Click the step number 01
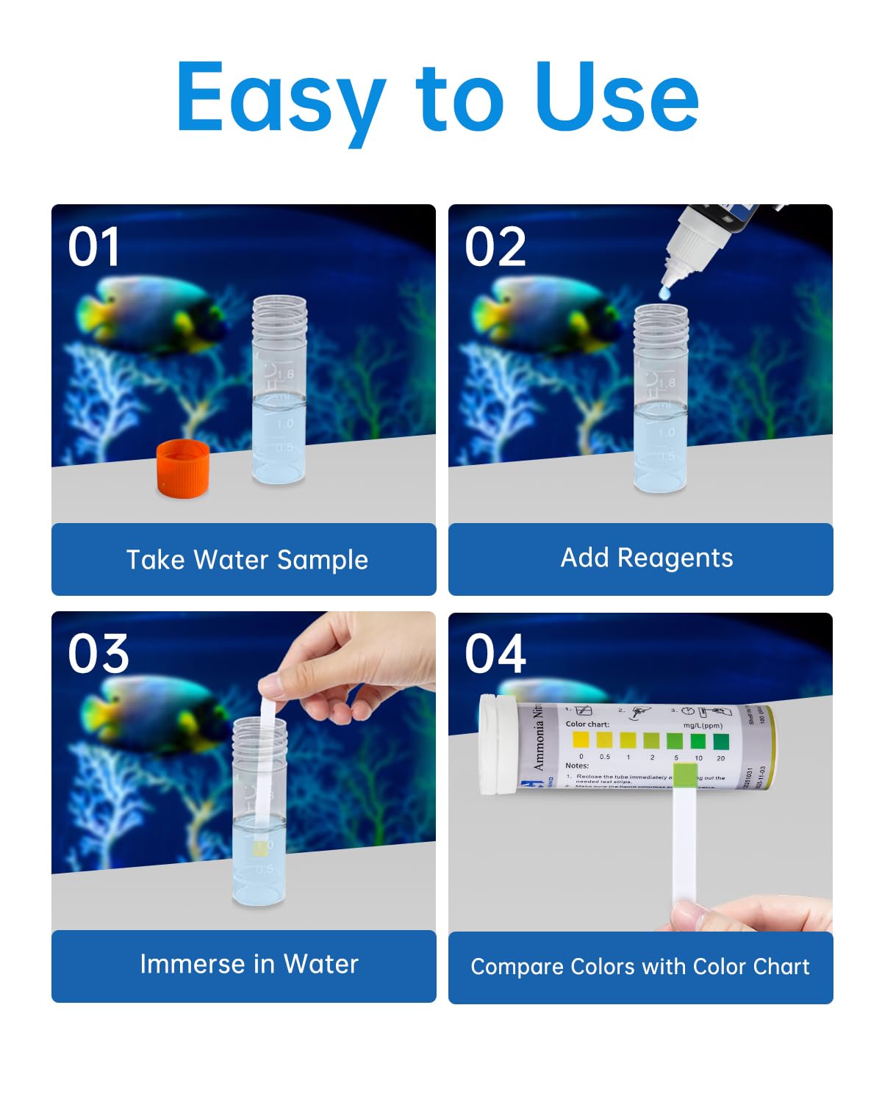pyautogui.click(x=94, y=247)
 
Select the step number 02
pyautogui.click(x=495, y=247)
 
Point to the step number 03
pyautogui.click(x=98, y=654)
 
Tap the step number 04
pyautogui.click(x=495, y=654)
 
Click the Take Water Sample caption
pyautogui.click(x=247, y=560)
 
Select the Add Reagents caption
pyautogui.click(x=647, y=558)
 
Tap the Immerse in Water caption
pyautogui.click(x=249, y=964)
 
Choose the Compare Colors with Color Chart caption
pyautogui.click(x=640, y=967)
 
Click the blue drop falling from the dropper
pyautogui.click(x=665, y=293)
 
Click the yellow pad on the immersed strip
pyautogui.click(x=260, y=849)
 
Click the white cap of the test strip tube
pyautogui.click(x=497, y=743)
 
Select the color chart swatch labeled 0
pyautogui.click(x=581, y=740)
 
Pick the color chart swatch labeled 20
pyautogui.click(x=721, y=741)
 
